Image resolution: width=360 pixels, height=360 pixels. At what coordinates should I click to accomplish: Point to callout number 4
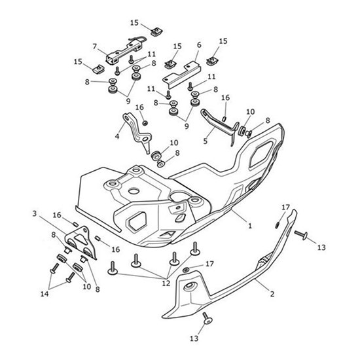[118, 137]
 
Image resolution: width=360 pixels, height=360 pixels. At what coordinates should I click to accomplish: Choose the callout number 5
[205, 140]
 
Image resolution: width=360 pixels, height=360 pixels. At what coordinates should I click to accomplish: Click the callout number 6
[198, 45]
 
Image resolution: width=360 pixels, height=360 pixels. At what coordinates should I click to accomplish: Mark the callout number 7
[95, 46]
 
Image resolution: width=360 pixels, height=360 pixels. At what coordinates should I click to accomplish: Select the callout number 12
[165, 282]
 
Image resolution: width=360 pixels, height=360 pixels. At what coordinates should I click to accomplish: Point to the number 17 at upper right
[285, 207]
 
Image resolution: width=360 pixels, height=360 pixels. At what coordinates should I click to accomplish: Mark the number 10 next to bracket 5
[249, 112]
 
